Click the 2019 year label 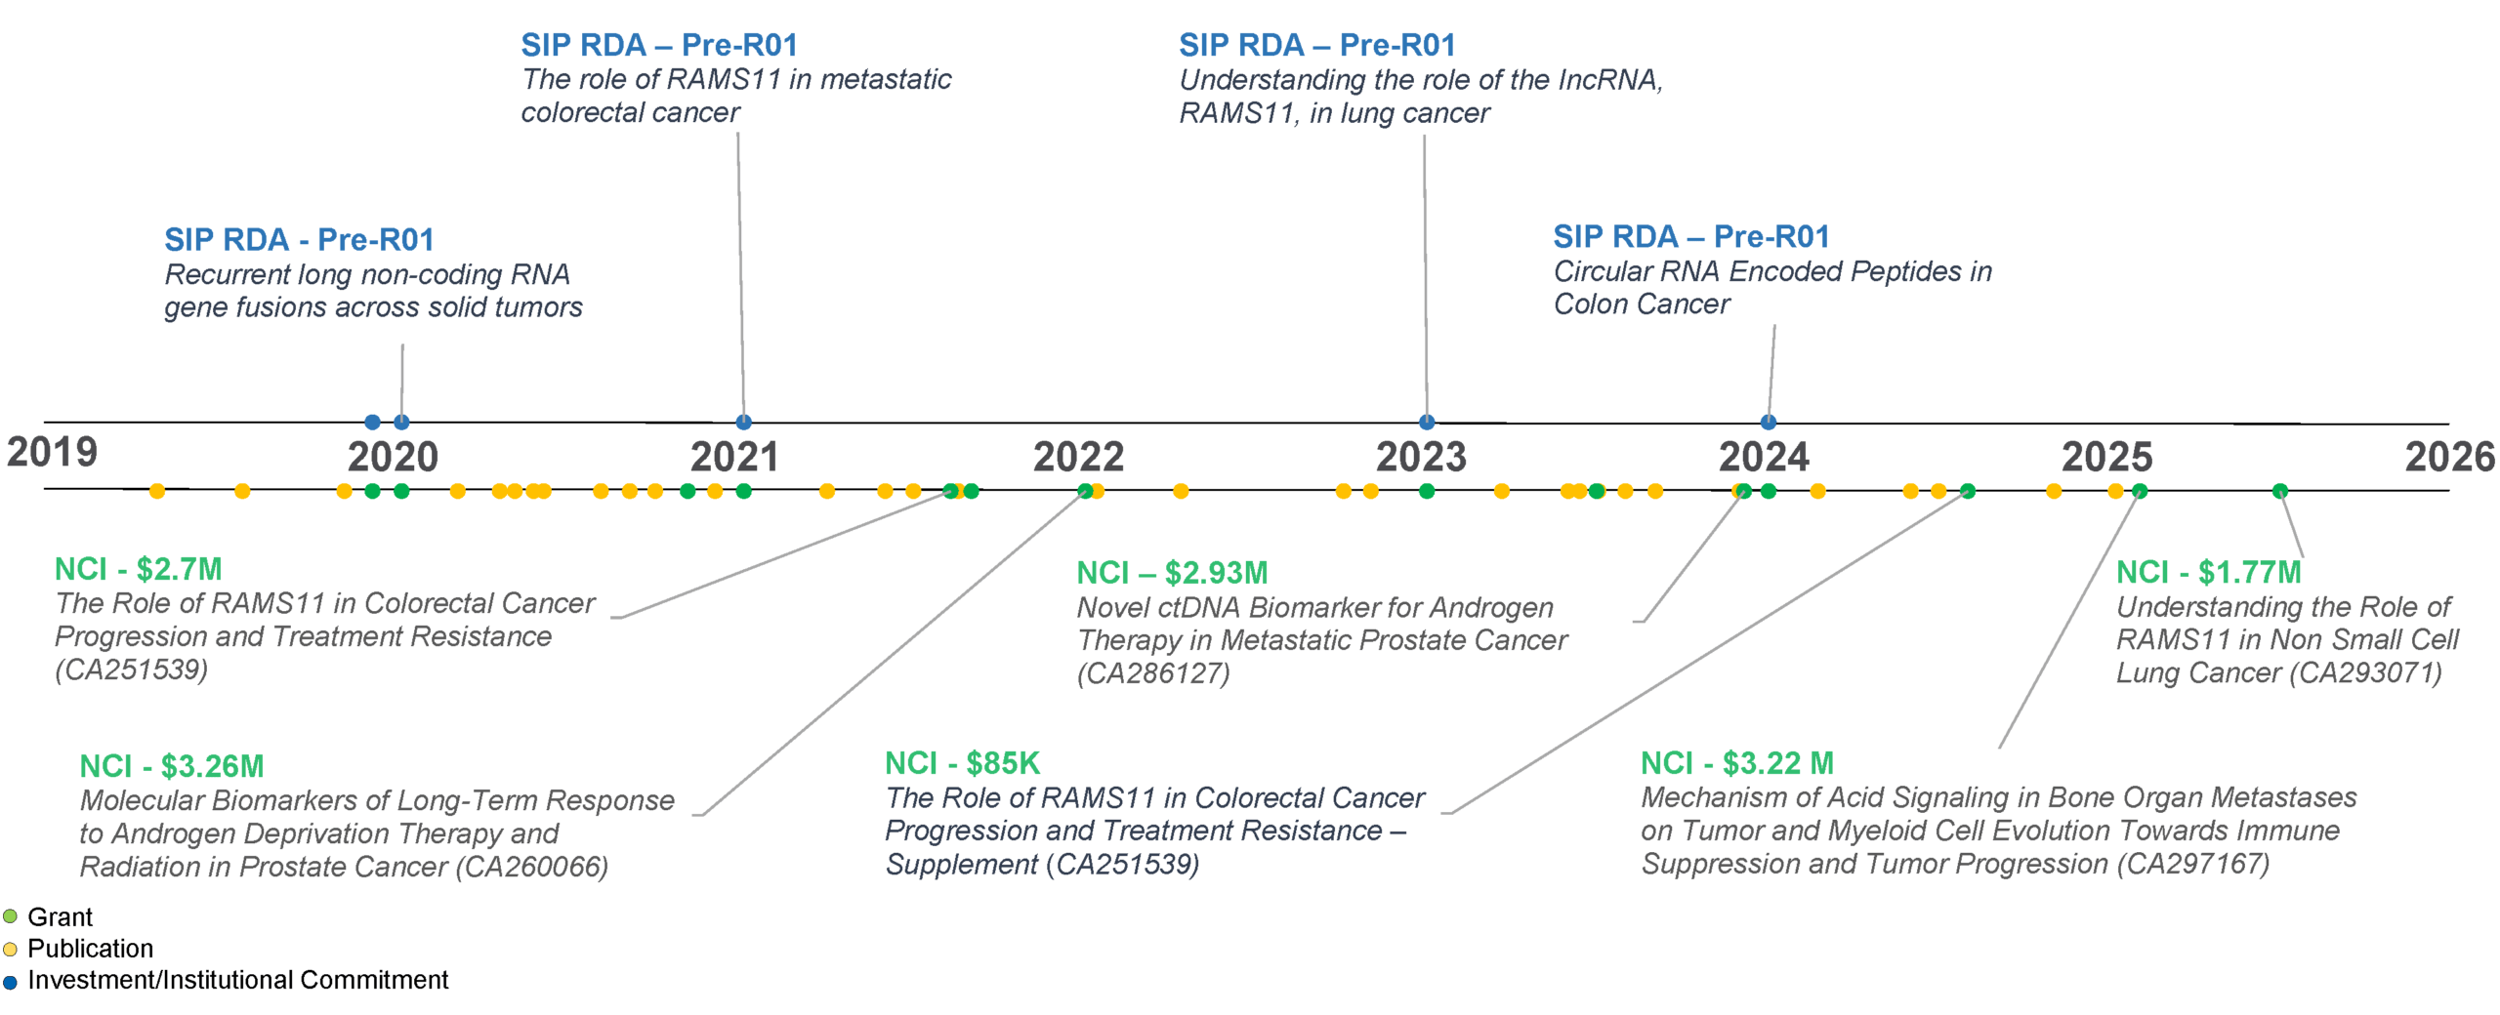(x=52, y=452)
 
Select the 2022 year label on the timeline (x=1078, y=457)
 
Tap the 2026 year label (x=2449, y=457)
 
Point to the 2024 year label (x=1764, y=457)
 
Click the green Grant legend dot (x=10, y=916)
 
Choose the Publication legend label (x=90, y=948)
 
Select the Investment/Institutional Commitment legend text (x=238, y=979)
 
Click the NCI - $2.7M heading (x=138, y=569)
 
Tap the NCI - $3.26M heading (x=172, y=766)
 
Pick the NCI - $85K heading (x=962, y=762)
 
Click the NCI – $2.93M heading (x=1172, y=573)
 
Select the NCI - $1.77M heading (x=2208, y=572)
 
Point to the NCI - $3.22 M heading (x=1736, y=762)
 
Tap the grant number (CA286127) (x=1153, y=672)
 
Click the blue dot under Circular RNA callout (x=1768, y=423)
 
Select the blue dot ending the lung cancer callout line (x=1427, y=423)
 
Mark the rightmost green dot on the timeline (x=2279, y=491)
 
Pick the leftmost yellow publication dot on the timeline (x=157, y=491)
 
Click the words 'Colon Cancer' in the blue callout (x=1642, y=304)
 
